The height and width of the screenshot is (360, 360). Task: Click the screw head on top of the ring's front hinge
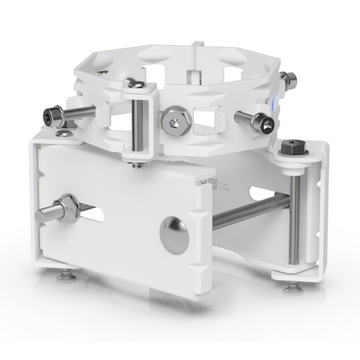click(139, 85)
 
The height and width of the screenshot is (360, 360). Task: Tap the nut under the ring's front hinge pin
click(138, 165)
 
